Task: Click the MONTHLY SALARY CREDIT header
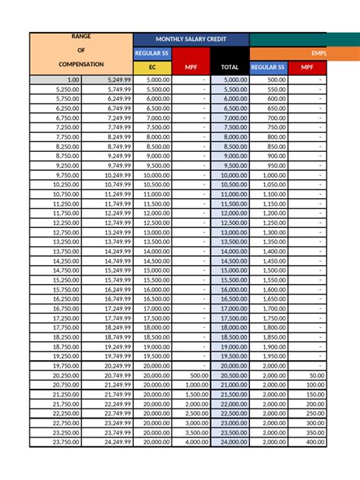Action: [x=191, y=39]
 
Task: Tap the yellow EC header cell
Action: [x=152, y=67]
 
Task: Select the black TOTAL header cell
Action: [x=229, y=67]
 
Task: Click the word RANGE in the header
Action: [x=81, y=36]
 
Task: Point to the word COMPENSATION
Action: [x=81, y=65]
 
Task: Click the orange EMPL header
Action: [x=318, y=53]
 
